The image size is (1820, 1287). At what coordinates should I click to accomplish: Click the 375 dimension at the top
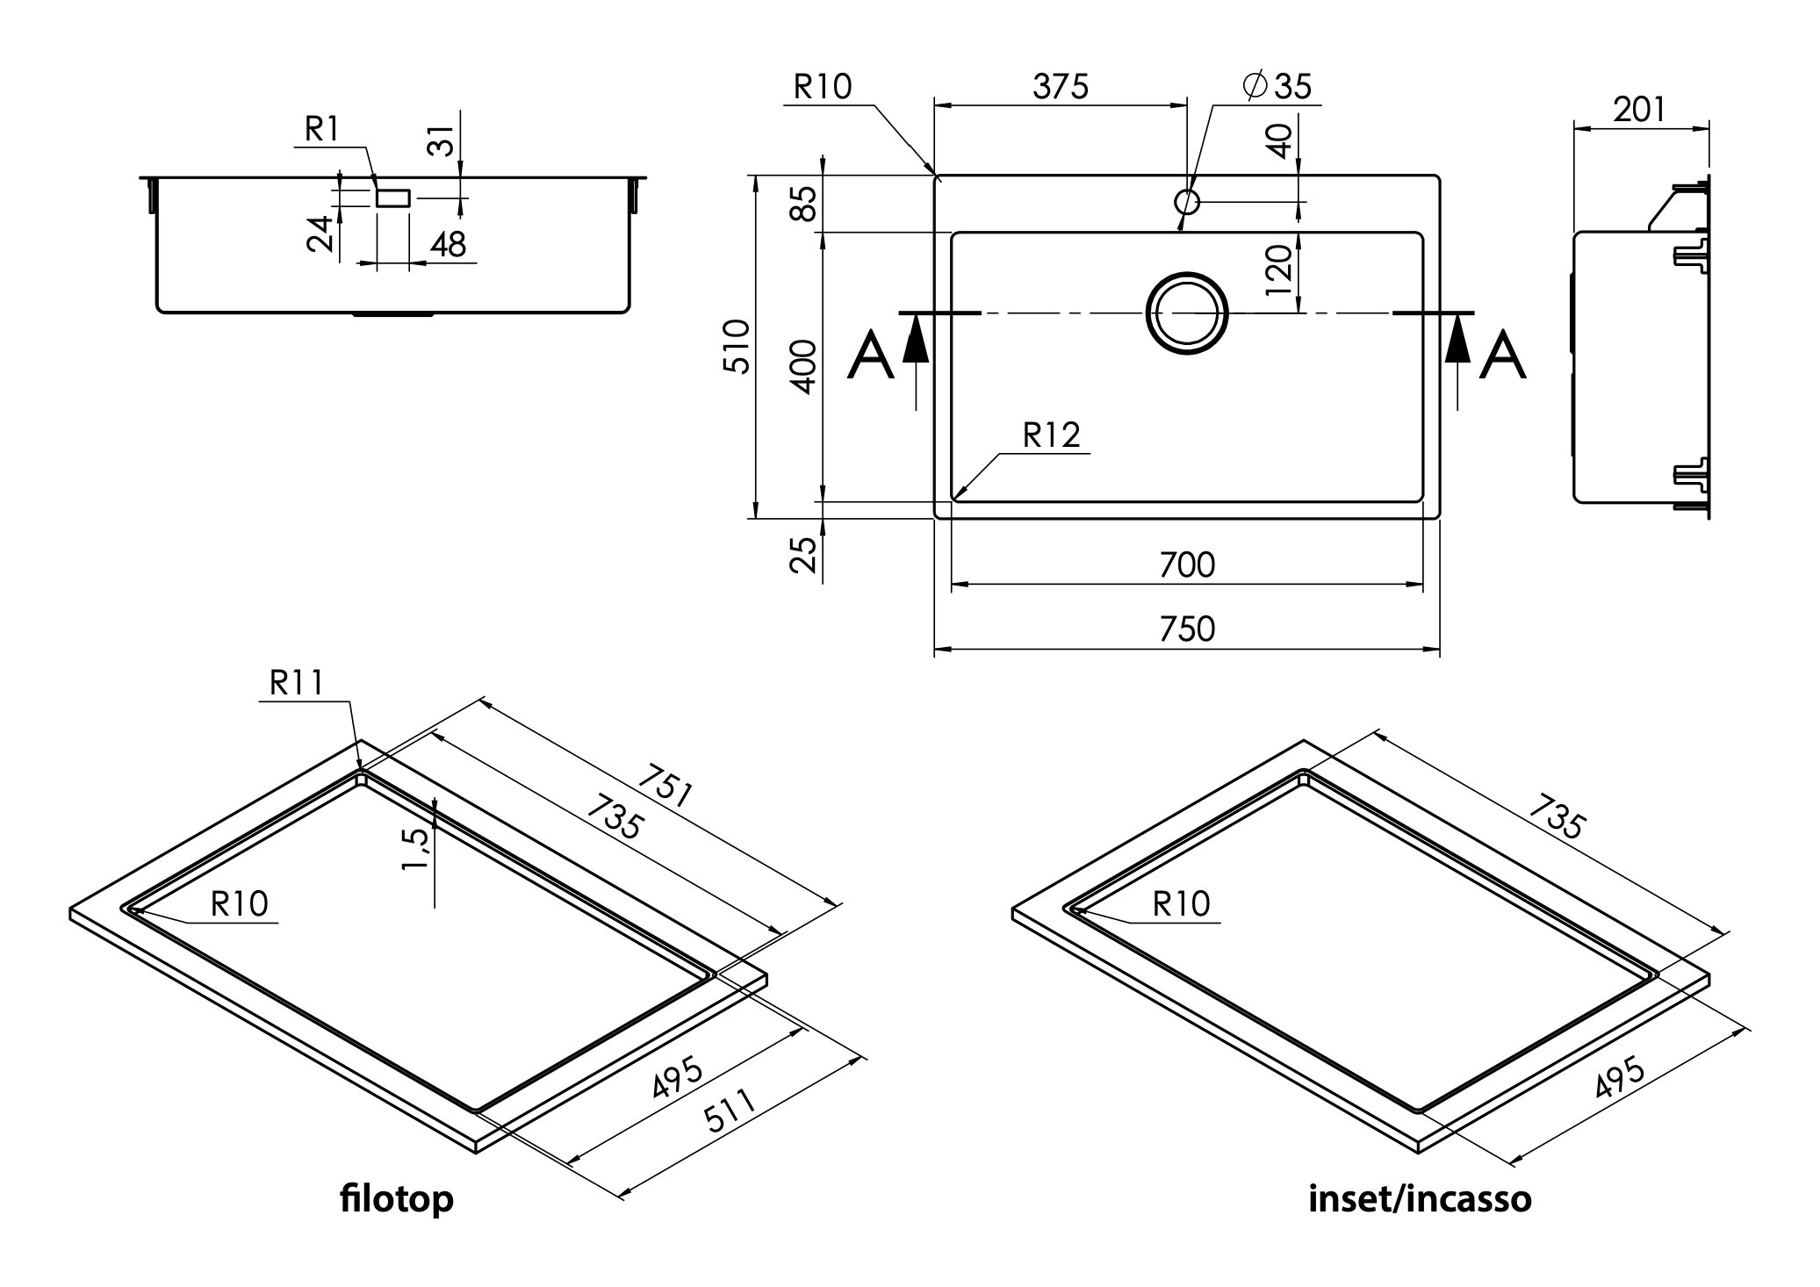[1060, 87]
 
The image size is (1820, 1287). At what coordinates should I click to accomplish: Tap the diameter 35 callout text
[1277, 86]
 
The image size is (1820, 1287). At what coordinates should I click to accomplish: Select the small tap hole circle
[1186, 202]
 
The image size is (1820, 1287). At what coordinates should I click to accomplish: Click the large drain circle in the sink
[1186, 313]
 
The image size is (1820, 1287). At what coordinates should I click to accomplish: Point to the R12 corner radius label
[1051, 435]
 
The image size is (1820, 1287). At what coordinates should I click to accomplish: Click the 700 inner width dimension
[1186, 565]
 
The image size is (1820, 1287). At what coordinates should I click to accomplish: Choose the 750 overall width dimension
[1186, 629]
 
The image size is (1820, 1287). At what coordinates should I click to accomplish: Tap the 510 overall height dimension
[738, 347]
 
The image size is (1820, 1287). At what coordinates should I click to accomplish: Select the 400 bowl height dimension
[804, 367]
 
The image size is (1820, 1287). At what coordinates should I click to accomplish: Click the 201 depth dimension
[1639, 110]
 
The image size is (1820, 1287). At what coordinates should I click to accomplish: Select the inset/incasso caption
[1420, 1198]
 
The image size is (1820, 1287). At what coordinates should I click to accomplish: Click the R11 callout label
[296, 683]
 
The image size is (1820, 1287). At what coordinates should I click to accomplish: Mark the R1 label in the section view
[321, 130]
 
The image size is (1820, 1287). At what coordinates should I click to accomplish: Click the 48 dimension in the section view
[448, 244]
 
